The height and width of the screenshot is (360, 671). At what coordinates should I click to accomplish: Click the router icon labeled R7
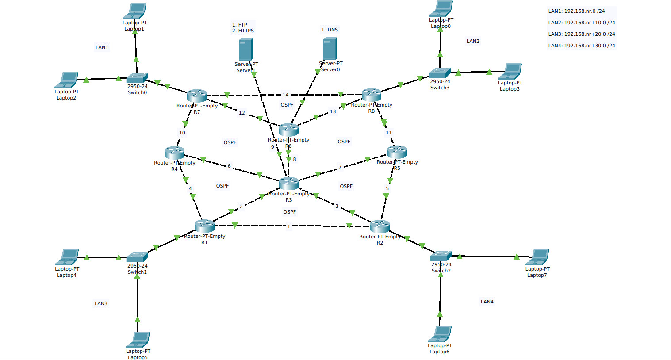pos(197,95)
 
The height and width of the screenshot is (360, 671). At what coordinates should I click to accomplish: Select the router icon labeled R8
pos(372,94)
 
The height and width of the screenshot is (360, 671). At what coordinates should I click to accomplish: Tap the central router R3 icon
pos(289,183)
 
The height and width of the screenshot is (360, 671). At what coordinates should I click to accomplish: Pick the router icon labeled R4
pos(174,153)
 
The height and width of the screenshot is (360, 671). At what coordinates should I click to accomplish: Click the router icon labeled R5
pos(397,152)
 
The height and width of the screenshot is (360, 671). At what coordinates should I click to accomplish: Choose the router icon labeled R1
pos(204,226)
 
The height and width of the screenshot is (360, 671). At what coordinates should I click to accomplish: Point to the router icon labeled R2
pos(380,226)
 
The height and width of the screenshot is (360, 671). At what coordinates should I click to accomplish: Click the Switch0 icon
pos(137,78)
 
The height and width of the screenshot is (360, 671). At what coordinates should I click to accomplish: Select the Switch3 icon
pos(440,73)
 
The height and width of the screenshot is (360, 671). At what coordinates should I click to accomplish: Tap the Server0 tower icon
pos(330,49)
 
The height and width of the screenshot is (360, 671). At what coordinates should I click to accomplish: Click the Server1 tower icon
pos(245,50)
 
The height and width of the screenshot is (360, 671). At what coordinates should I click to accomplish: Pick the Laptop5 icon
pos(138,340)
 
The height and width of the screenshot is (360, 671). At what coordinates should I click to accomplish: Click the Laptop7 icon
pos(538,257)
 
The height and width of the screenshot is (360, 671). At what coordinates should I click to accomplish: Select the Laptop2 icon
pos(66,80)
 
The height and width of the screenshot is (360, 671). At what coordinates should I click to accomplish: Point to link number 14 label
pos(285,95)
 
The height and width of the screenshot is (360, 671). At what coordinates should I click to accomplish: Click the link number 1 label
pos(289,226)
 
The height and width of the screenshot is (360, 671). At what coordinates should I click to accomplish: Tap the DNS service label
pos(330,30)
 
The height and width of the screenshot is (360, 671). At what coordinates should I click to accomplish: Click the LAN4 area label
pos(487,302)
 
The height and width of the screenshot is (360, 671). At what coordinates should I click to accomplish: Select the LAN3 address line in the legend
pos(581,34)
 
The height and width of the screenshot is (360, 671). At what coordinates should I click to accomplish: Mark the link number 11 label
pos(389,133)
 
